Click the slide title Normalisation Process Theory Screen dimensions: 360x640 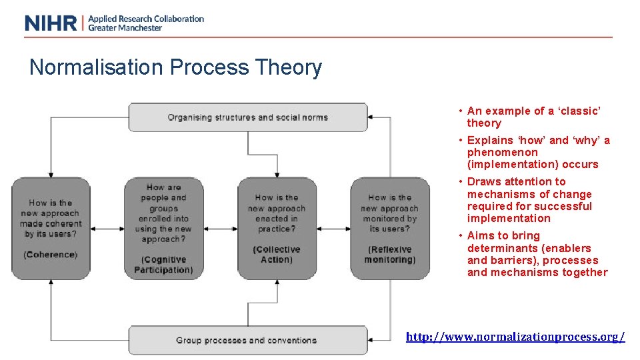[175, 67]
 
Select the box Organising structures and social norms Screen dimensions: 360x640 [247, 117]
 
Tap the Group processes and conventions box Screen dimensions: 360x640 [247, 340]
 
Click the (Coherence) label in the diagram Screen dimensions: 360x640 [50, 255]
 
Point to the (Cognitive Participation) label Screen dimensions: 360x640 [163, 265]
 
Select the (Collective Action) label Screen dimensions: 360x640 [277, 255]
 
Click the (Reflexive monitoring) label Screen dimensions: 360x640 [390, 255]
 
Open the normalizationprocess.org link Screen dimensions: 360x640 [515, 337]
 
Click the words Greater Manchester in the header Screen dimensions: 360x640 [125, 28]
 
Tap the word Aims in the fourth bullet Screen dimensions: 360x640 [481, 235]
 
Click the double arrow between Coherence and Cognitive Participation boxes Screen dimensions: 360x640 [107, 229]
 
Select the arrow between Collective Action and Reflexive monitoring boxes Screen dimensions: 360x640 [333, 229]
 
